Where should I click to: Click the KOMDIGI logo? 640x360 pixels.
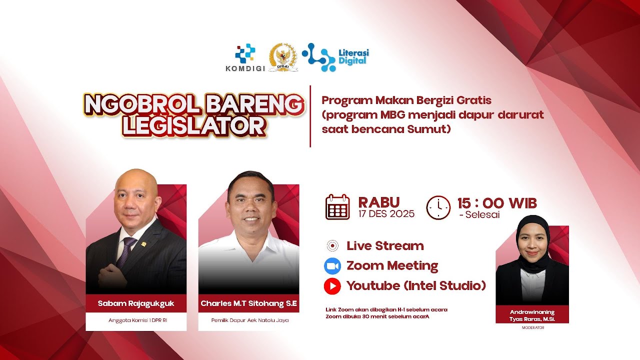click(245, 58)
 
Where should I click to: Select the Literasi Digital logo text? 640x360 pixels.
click(353, 56)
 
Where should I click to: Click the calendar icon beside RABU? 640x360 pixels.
click(337, 207)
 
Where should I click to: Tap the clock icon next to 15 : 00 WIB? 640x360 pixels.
click(438, 207)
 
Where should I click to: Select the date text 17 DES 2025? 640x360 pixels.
click(386, 214)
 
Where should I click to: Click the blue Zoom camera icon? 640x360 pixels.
click(332, 265)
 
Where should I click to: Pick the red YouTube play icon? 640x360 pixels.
click(332, 286)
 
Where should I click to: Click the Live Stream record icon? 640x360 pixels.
click(332, 245)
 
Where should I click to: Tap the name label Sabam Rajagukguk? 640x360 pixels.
click(136, 303)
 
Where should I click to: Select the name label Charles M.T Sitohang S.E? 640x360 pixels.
click(248, 303)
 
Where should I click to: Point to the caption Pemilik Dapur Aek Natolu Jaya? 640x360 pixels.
click(249, 320)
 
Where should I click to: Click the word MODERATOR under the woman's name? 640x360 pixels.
click(532, 328)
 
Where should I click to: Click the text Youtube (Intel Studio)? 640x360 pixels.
click(416, 286)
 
